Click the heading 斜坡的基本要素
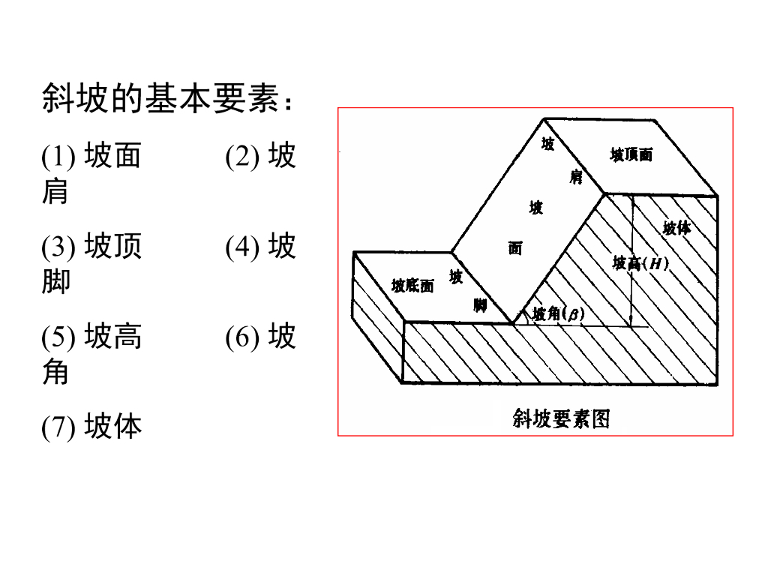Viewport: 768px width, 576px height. click(166, 98)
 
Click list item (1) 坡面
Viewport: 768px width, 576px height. click(91, 156)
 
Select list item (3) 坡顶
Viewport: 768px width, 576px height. click(91, 246)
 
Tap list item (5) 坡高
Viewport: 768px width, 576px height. click(91, 337)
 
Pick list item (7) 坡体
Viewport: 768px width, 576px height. click(91, 427)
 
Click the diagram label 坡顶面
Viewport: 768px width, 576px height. click(631, 155)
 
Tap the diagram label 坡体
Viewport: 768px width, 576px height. click(676, 228)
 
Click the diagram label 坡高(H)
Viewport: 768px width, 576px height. click(640, 263)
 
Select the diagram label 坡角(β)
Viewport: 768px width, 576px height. click(558, 314)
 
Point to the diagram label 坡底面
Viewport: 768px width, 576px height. click(412, 286)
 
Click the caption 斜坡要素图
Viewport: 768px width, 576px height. click(561, 418)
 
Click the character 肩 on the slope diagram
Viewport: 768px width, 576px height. click(576, 178)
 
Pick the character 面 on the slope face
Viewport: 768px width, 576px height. click(515, 247)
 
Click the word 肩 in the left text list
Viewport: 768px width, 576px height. click(55, 192)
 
